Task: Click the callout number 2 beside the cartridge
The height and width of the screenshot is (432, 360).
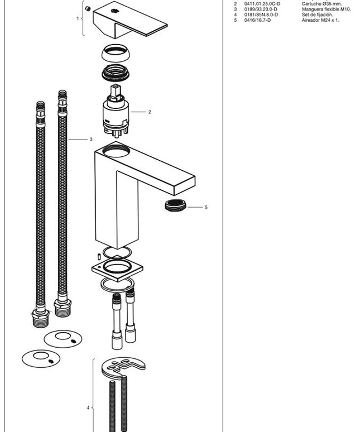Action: click(150, 112)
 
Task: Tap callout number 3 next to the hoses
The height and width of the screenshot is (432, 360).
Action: click(91, 140)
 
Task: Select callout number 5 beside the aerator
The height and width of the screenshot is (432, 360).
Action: click(206, 207)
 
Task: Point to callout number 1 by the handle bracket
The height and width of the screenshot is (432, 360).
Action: click(78, 18)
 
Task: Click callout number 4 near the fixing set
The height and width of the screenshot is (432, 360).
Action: click(88, 407)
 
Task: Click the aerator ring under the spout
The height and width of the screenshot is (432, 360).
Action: click(175, 205)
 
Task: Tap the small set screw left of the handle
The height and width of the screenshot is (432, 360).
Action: click(88, 8)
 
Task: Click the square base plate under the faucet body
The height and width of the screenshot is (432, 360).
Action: click(117, 268)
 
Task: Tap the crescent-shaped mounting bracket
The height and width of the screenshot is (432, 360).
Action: click(123, 367)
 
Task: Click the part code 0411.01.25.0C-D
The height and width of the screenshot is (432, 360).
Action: click(262, 4)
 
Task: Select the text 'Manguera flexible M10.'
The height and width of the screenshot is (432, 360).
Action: click(327, 9)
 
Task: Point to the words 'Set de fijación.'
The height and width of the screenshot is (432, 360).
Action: click(318, 15)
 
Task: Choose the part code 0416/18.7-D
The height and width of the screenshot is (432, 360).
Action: click(257, 20)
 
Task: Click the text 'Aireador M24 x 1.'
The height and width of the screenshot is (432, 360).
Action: click(320, 20)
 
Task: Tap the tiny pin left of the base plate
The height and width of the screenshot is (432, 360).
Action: click(99, 257)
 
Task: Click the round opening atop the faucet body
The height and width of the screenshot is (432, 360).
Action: click(116, 151)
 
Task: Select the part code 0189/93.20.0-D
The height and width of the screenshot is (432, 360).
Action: click(261, 9)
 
